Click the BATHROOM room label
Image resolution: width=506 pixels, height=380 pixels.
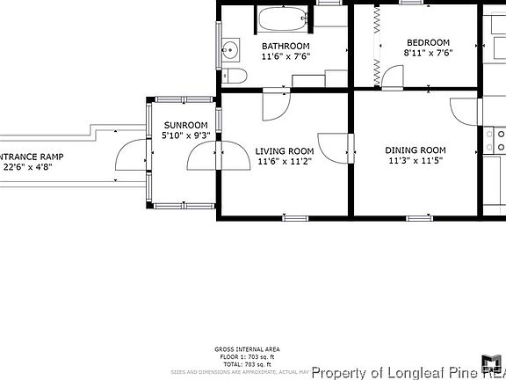[x=286, y=46]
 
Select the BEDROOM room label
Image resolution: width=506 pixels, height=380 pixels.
[x=427, y=42]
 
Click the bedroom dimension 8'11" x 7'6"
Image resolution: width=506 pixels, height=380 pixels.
[x=427, y=53]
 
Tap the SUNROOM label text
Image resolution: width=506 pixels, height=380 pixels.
[x=186, y=125]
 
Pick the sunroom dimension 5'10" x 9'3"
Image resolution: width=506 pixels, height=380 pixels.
[x=186, y=135]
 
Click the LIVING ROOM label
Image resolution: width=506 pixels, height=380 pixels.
[x=285, y=150]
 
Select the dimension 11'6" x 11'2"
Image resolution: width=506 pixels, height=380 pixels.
[x=285, y=162]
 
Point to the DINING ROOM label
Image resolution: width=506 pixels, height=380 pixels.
[x=416, y=150]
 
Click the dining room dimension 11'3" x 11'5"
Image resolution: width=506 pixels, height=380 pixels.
[x=416, y=162]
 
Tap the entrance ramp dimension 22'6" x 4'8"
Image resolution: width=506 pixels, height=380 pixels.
[x=33, y=165]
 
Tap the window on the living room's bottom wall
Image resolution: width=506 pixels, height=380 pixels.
[x=295, y=217]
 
